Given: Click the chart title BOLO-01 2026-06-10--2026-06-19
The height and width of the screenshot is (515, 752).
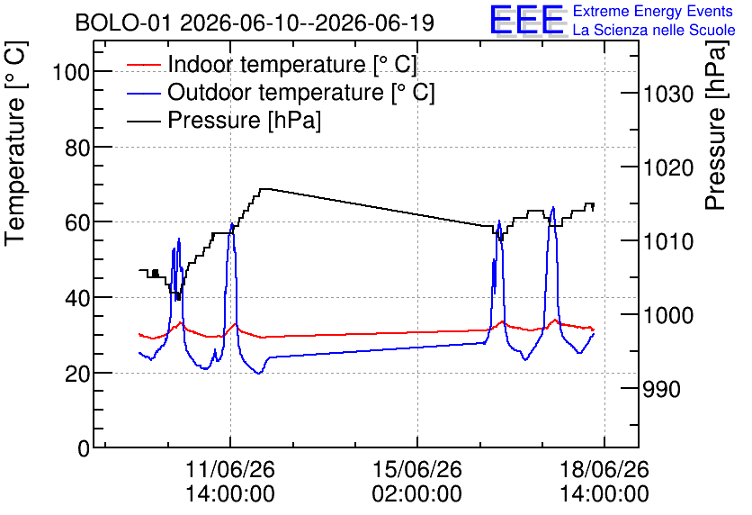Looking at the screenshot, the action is click(x=255, y=23).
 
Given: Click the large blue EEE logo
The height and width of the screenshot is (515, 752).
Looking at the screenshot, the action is click(x=527, y=20).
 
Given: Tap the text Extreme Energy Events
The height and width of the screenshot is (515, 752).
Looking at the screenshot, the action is click(x=653, y=11).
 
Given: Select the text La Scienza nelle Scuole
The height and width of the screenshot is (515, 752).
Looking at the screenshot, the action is click(x=654, y=30).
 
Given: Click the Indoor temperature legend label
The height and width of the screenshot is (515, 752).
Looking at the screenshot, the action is click(x=292, y=64).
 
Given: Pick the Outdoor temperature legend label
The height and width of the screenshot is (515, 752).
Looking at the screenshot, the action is click(x=300, y=92).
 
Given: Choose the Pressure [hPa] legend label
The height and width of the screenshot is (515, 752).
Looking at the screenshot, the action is click(x=244, y=120).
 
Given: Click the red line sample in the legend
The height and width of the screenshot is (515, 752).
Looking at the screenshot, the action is click(x=144, y=64).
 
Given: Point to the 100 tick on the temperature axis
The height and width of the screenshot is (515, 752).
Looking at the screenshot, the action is click(x=71, y=72).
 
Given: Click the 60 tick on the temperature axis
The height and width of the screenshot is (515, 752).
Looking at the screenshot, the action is click(x=77, y=222).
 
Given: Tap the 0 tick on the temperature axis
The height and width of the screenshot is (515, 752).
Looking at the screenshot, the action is click(x=84, y=448).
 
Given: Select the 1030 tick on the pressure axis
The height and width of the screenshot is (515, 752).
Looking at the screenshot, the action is click(x=668, y=93).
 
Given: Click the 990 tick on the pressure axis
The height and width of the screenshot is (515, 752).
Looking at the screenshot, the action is click(x=661, y=389).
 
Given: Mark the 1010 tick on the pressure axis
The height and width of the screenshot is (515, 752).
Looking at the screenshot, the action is click(x=668, y=241).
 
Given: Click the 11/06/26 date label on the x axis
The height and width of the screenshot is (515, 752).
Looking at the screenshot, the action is click(x=230, y=469).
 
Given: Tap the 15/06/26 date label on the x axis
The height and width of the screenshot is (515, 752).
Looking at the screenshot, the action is click(x=417, y=469).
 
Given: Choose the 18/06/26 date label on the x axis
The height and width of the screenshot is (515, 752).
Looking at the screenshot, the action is click(x=604, y=469).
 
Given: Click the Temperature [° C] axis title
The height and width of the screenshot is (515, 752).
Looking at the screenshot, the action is click(x=15, y=144).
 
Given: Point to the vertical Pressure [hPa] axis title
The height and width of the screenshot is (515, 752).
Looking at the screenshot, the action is click(x=715, y=125).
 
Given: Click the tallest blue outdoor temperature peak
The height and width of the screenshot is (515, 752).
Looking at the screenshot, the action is click(x=553, y=208).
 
